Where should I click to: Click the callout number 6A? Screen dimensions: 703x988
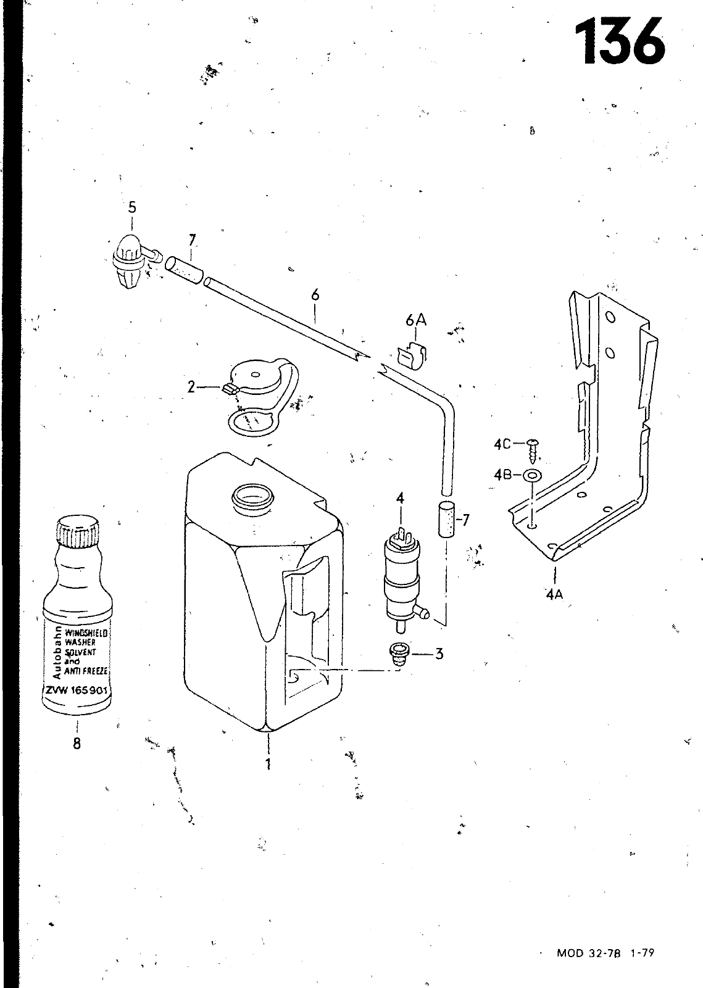(415, 320)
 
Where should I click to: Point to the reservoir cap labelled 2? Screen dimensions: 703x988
(260, 397)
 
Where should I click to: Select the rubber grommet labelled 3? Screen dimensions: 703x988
(398, 655)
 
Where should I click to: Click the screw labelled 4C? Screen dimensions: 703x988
(532, 450)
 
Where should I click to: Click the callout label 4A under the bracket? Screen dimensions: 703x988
(554, 594)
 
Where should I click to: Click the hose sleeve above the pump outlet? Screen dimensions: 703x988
(446, 520)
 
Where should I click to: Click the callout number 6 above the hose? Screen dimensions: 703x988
(315, 295)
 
